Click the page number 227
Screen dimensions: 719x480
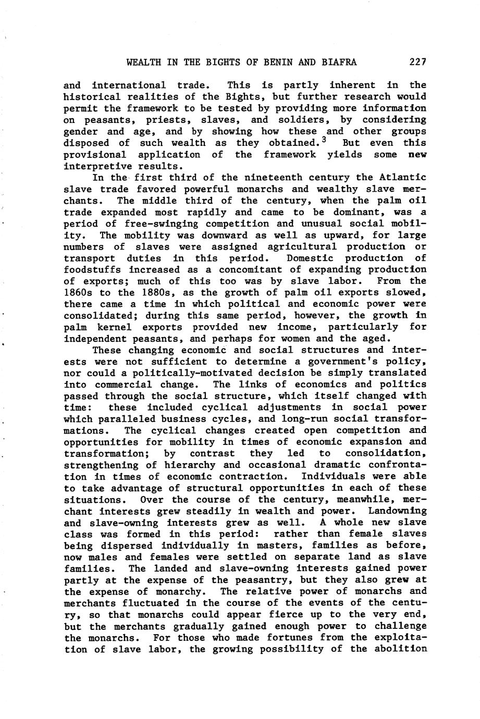(418, 63)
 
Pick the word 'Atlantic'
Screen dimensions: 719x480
(403, 178)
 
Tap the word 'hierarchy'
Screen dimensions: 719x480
(192, 465)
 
